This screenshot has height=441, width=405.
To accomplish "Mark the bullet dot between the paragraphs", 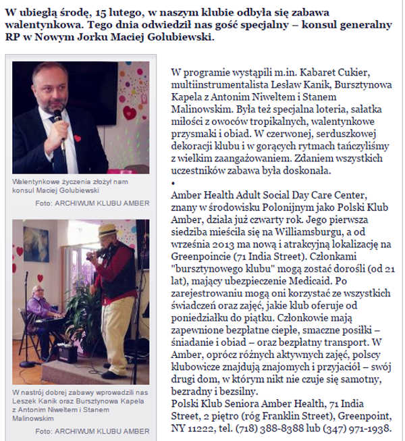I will [174, 183].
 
